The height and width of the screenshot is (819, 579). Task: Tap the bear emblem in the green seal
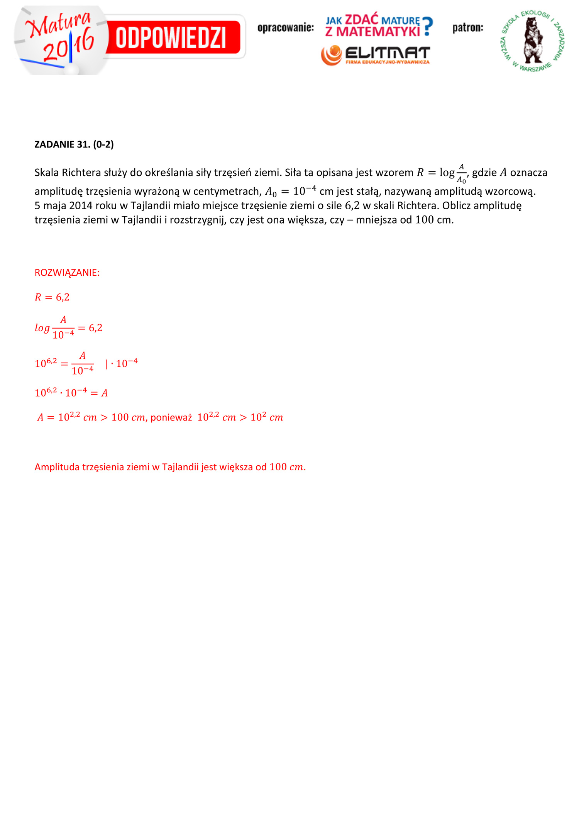click(533, 40)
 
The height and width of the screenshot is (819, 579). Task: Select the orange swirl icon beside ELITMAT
click(331, 55)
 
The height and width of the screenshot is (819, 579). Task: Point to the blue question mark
click(427, 26)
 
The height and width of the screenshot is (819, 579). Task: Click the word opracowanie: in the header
click(286, 28)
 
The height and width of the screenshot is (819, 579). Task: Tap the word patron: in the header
click(467, 28)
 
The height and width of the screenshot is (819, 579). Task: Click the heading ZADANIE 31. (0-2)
click(74, 144)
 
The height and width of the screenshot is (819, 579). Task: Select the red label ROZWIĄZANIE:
click(67, 273)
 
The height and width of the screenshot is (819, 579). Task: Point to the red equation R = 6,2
click(52, 297)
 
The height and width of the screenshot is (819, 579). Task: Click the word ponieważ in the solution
click(171, 417)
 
